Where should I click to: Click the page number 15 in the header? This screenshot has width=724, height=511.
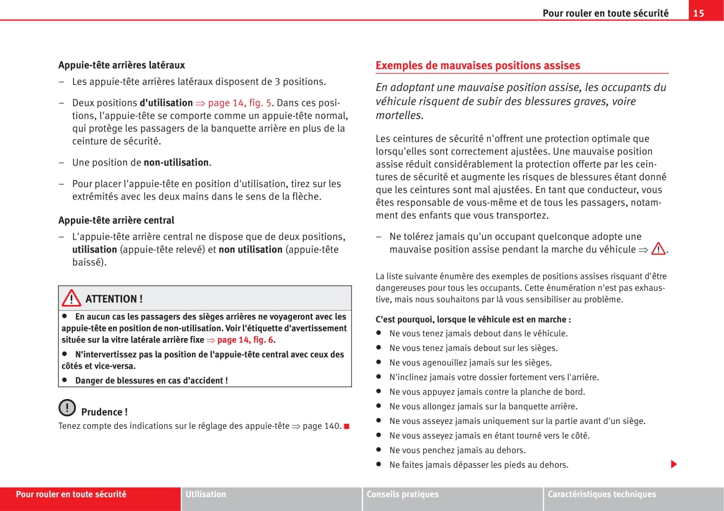point(699,13)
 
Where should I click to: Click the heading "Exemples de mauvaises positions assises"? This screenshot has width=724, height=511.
point(477,65)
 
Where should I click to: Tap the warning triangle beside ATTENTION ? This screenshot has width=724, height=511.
point(71,298)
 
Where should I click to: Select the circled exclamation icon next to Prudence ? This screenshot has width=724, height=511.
point(67,407)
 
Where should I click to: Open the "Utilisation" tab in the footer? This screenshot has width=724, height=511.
point(206,494)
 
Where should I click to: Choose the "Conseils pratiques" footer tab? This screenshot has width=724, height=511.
point(403,494)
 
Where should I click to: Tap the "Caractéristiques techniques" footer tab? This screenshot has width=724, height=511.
point(601,494)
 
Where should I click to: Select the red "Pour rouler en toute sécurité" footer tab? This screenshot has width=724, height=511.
point(71,494)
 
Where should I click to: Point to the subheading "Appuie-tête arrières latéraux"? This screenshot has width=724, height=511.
point(122,65)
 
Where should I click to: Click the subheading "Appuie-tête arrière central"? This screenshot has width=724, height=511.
point(116,220)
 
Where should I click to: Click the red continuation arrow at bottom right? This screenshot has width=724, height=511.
point(674,464)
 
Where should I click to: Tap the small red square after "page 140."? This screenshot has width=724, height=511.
point(347,426)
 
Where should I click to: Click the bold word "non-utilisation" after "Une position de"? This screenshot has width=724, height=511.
point(176,162)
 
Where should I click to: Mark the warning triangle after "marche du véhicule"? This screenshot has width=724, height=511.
point(658,249)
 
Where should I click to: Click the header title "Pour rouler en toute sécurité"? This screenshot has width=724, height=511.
point(606,13)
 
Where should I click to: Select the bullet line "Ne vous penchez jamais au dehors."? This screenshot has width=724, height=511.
point(457,450)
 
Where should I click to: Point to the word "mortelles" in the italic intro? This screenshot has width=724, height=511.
point(398,115)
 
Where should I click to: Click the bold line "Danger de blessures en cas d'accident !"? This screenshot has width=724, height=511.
point(151,380)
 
